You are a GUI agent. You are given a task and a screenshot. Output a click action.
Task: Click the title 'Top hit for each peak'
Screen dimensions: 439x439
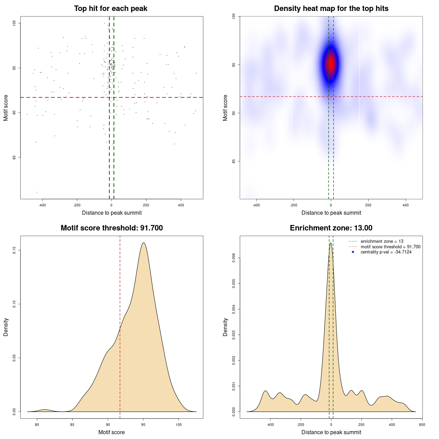tap(111, 9)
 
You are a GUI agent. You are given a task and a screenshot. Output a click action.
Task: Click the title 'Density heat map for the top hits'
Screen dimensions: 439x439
tap(331, 9)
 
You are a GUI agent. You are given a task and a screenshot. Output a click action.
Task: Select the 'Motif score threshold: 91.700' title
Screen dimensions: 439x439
tap(111, 228)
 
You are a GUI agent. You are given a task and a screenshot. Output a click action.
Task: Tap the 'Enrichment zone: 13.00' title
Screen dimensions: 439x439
tap(331, 228)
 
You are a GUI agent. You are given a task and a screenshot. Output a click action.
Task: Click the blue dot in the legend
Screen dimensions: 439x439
tap(353, 252)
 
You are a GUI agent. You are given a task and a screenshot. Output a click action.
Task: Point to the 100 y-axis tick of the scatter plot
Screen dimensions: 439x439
tap(14, 23)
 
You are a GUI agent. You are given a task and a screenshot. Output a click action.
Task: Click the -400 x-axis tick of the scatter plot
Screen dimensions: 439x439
tap(42, 205)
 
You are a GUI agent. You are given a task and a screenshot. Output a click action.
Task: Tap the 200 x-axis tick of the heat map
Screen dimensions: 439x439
tap(368, 205)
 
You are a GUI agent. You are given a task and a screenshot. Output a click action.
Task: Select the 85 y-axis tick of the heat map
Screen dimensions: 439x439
tap(234, 161)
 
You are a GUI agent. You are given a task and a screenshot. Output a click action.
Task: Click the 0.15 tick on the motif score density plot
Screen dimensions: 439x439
tap(14, 250)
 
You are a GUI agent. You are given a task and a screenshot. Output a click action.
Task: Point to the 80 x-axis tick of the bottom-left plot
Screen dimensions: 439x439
tap(37, 425)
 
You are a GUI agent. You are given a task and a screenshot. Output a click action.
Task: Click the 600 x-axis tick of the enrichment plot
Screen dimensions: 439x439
tap(422, 425)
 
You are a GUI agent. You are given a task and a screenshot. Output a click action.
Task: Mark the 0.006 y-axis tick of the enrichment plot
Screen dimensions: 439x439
tap(234, 258)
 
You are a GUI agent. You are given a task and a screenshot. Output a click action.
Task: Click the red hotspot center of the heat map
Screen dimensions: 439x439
tap(331, 63)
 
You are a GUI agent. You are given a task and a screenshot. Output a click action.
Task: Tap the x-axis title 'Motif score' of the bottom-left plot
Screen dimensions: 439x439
tap(111, 432)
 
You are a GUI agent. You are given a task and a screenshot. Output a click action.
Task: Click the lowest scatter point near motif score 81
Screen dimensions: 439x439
tap(37, 192)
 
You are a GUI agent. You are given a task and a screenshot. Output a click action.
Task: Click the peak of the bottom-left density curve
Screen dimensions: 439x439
tap(143, 243)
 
